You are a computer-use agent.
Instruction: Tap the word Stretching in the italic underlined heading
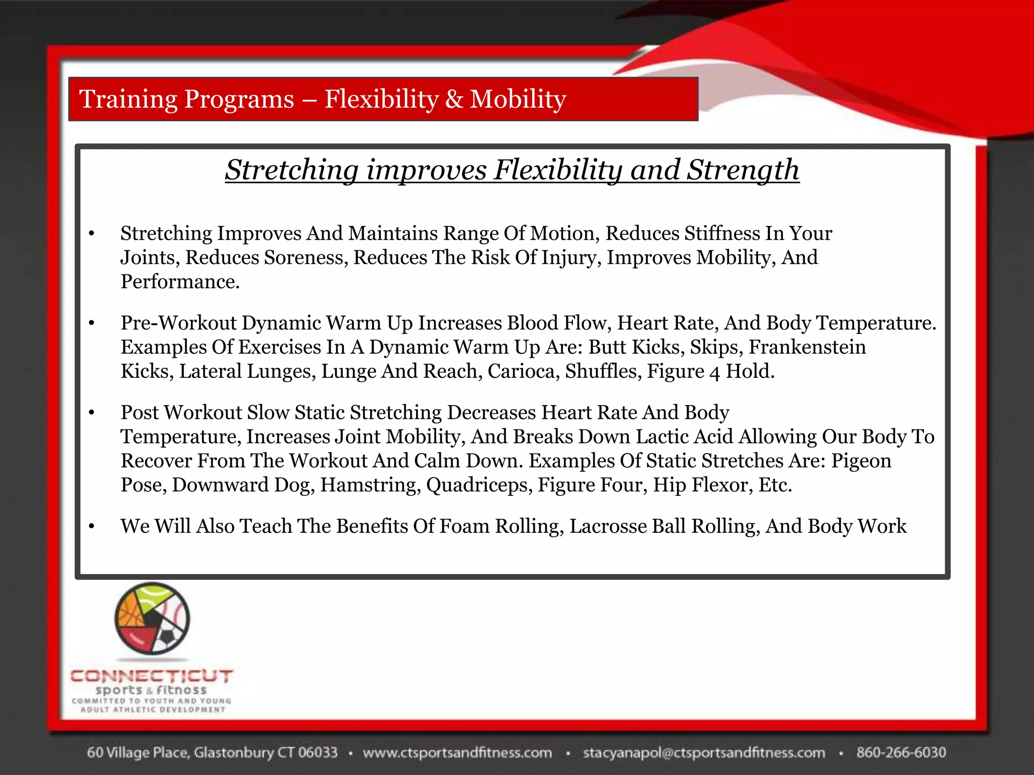coord(291,170)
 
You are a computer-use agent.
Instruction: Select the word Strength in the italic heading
coord(743,170)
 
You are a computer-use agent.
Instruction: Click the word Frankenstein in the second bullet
coord(807,347)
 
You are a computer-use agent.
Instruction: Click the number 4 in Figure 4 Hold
coord(714,372)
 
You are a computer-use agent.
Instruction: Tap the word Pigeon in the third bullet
coord(861,461)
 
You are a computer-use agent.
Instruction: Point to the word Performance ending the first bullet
coord(179,282)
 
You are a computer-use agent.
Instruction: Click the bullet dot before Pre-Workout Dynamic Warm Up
coord(91,323)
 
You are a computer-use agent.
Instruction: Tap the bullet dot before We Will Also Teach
coord(91,527)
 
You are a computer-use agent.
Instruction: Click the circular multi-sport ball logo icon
coord(152,619)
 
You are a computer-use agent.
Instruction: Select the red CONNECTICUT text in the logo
coord(151,676)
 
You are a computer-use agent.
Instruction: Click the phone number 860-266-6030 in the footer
coord(901,752)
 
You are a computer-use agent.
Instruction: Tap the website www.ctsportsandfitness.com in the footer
coord(457,752)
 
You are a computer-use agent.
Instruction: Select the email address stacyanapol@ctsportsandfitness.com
coord(704,752)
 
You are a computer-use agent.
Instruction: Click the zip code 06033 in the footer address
coord(317,752)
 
